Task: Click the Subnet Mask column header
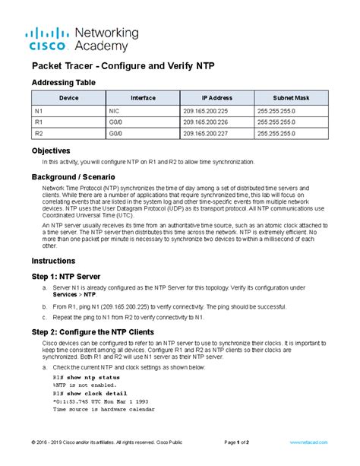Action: (x=292, y=98)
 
